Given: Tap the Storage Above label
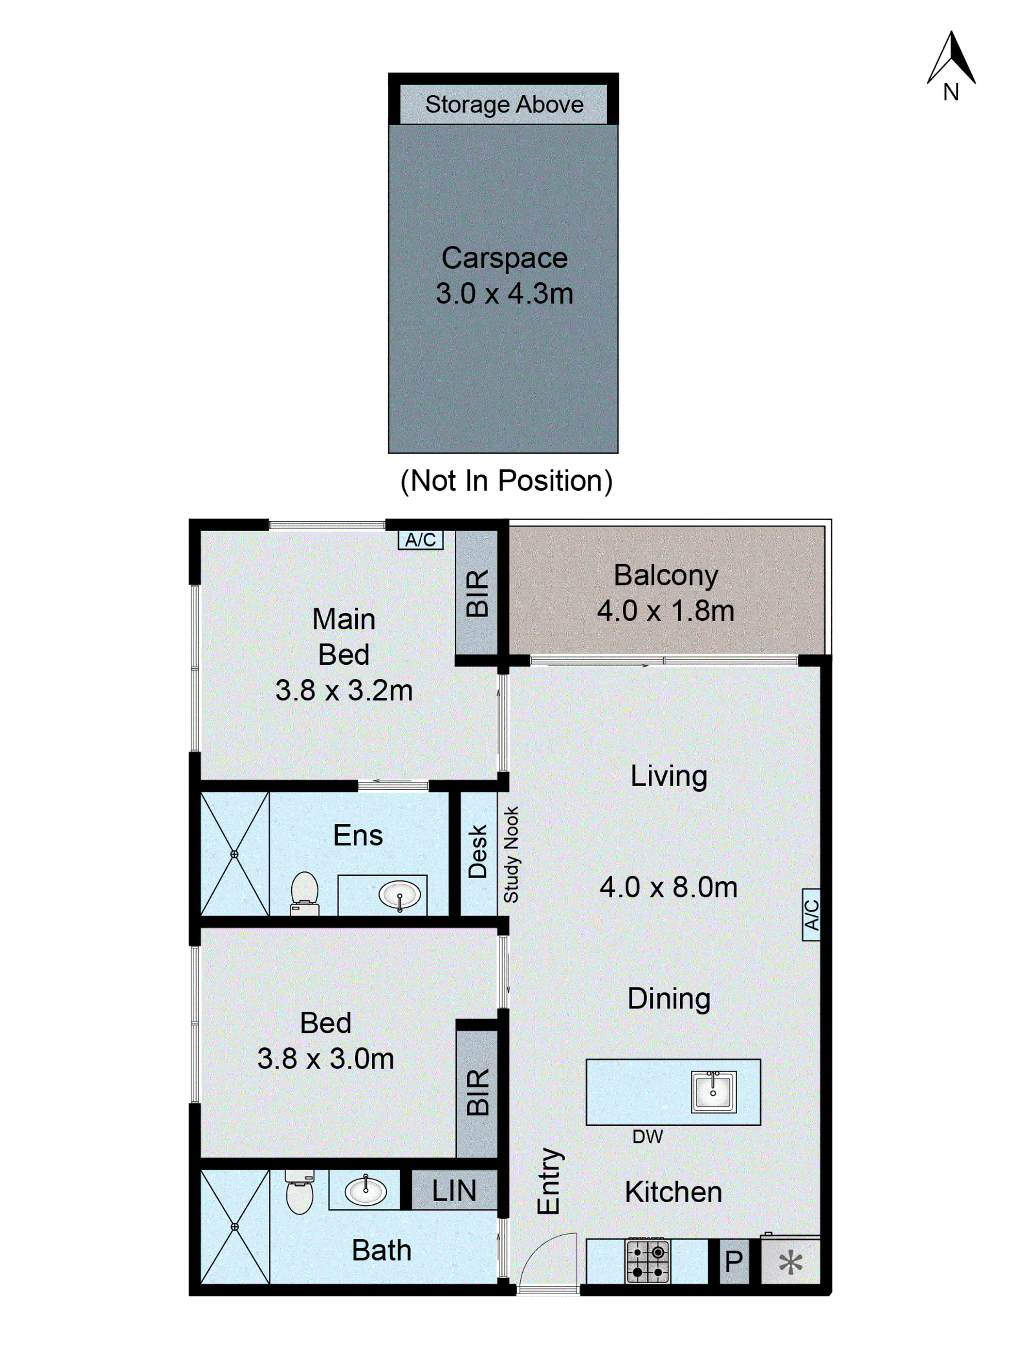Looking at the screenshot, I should pyautogui.click(x=503, y=104).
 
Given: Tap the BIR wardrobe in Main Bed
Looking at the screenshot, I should pyautogui.click(x=477, y=592).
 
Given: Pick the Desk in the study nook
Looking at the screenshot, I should pyautogui.click(x=477, y=852).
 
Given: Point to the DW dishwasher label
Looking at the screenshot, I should pyautogui.click(x=647, y=1137).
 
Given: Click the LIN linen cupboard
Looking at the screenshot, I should pyautogui.click(x=454, y=1190).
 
